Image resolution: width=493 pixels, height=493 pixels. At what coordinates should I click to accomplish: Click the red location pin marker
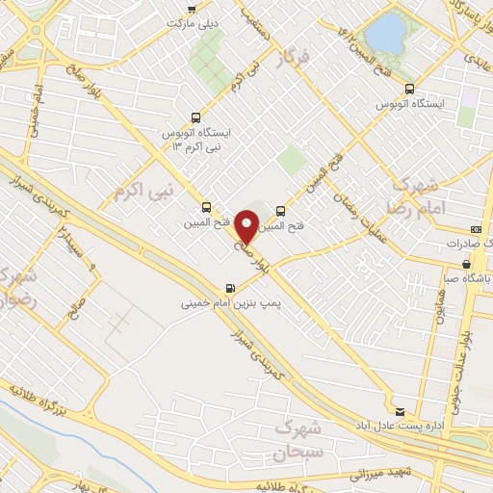point(247,226)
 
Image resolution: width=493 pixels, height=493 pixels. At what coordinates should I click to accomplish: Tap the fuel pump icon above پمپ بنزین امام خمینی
point(229,287)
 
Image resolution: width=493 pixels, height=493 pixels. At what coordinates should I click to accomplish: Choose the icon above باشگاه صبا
point(475,266)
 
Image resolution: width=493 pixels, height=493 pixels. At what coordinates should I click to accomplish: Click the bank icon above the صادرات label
point(476,229)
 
